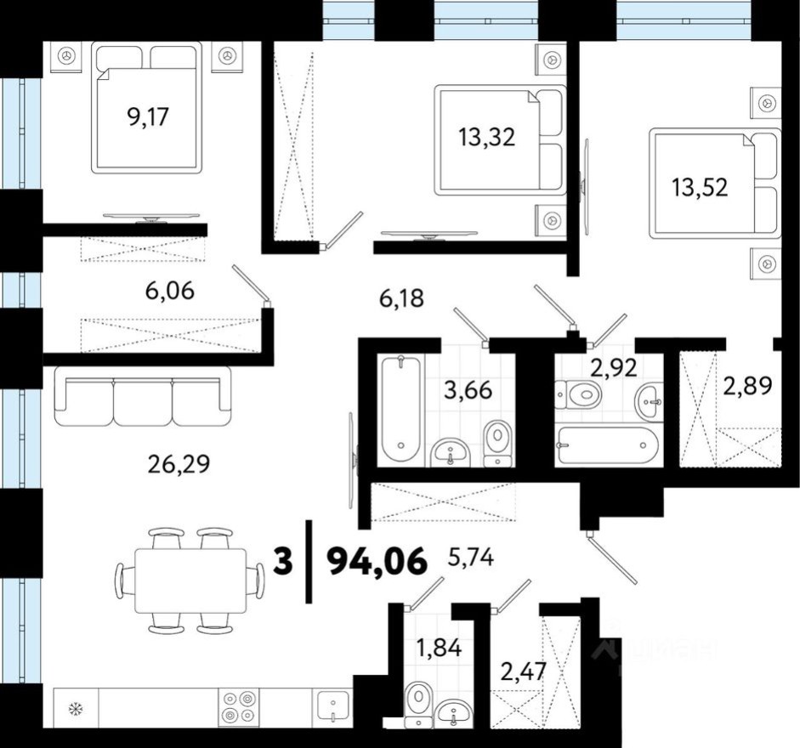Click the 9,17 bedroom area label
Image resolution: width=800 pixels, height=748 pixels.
pyautogui.click(x=148, y=116)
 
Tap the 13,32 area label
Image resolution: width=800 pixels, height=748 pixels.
pyautogui.click(x=486, y=136)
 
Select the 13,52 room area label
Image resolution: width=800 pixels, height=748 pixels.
pyautogui.click(x=699, y=187)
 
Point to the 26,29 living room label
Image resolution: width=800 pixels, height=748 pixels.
pyautogui.click(x=179, y=463)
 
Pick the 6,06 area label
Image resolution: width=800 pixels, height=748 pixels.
pyautogui.click(x=169, y=292)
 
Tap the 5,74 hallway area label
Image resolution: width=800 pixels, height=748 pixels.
pyautogui.click(x=470, y=558)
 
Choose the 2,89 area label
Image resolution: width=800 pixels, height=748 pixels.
pyautogui.click(x=747, y=387)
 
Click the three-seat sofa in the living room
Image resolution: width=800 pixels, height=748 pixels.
pyautogui.click(x=142, y=396)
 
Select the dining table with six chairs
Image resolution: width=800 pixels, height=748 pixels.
pyautogui.click(x=190, y=581)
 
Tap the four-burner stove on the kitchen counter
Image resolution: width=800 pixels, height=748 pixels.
pyautogui.click(x=238, y=705)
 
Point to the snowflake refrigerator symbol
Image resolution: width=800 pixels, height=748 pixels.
pyautogui.click(x=75, y=707)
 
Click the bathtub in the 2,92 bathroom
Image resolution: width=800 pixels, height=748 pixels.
pyautogui.click(x=605, y=444)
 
